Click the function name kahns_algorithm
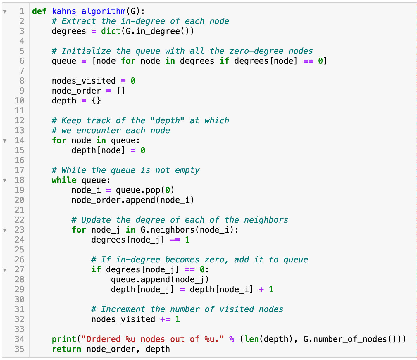pyautogui.click(x=89, y=11)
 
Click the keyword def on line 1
pyautogui.click(x=39, y=11)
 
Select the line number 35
pyautogui.click(x=19, y=349)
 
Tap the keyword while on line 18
pyautogui.click(x=64, y=180)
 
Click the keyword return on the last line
pyautogui.click(x=66, y=349)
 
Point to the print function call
pyautogui.click(x=64, y=339)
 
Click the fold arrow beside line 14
pyautogui.click(x=5, y=141)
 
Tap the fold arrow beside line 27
pyautogui.click(x=5, y=270)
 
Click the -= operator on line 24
pyautogui.click(x=175, y=240)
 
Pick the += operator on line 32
pyautogui.click(x=165, y=319)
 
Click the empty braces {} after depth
pyautogui.click(x=96, y=101)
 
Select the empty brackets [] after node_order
pyautogui.click(x=121, y=91)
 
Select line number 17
pyautogui.click(x=19, y=170)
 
